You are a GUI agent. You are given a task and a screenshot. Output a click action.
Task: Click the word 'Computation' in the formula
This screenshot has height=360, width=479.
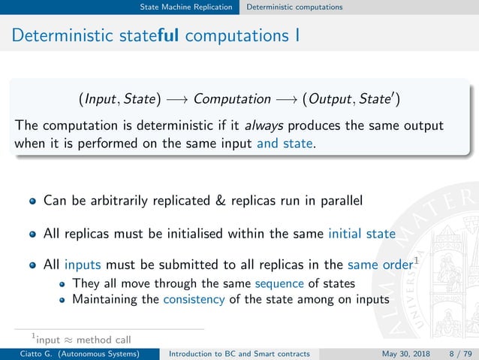tap(232, 98)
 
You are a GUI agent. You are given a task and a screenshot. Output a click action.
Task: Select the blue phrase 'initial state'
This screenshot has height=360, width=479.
tap(361, 234)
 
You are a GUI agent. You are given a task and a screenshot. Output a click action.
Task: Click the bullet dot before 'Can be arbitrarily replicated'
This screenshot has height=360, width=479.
tap(32, 201)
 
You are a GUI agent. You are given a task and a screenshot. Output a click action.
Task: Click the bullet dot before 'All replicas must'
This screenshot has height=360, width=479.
tap(32, 234)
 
